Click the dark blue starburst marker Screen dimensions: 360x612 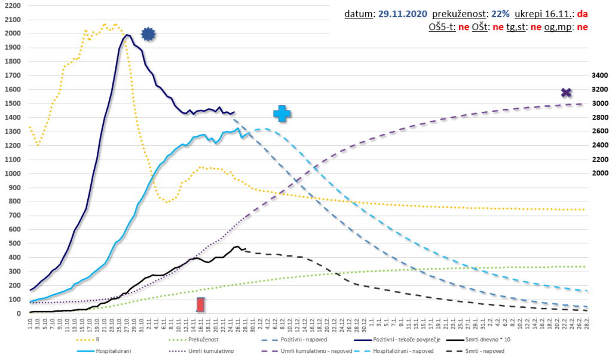pyautogui.click(x=148, y=35)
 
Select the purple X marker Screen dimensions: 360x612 pyautogui.click(x=567, y=93)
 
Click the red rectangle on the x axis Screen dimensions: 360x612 pyautogui.click(x=201, y=304)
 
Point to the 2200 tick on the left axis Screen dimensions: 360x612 pyautogui.click(x=12, y=6)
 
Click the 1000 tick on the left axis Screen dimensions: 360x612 pyautogui.click(x=12, y=173)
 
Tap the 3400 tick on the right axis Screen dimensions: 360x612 pyautogui.click(x=598, y=76)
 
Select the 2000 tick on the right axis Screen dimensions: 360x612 pyautogui.click(x=598, y=173)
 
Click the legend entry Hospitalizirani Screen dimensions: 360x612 pyautogui.click(x=113, y=351)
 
